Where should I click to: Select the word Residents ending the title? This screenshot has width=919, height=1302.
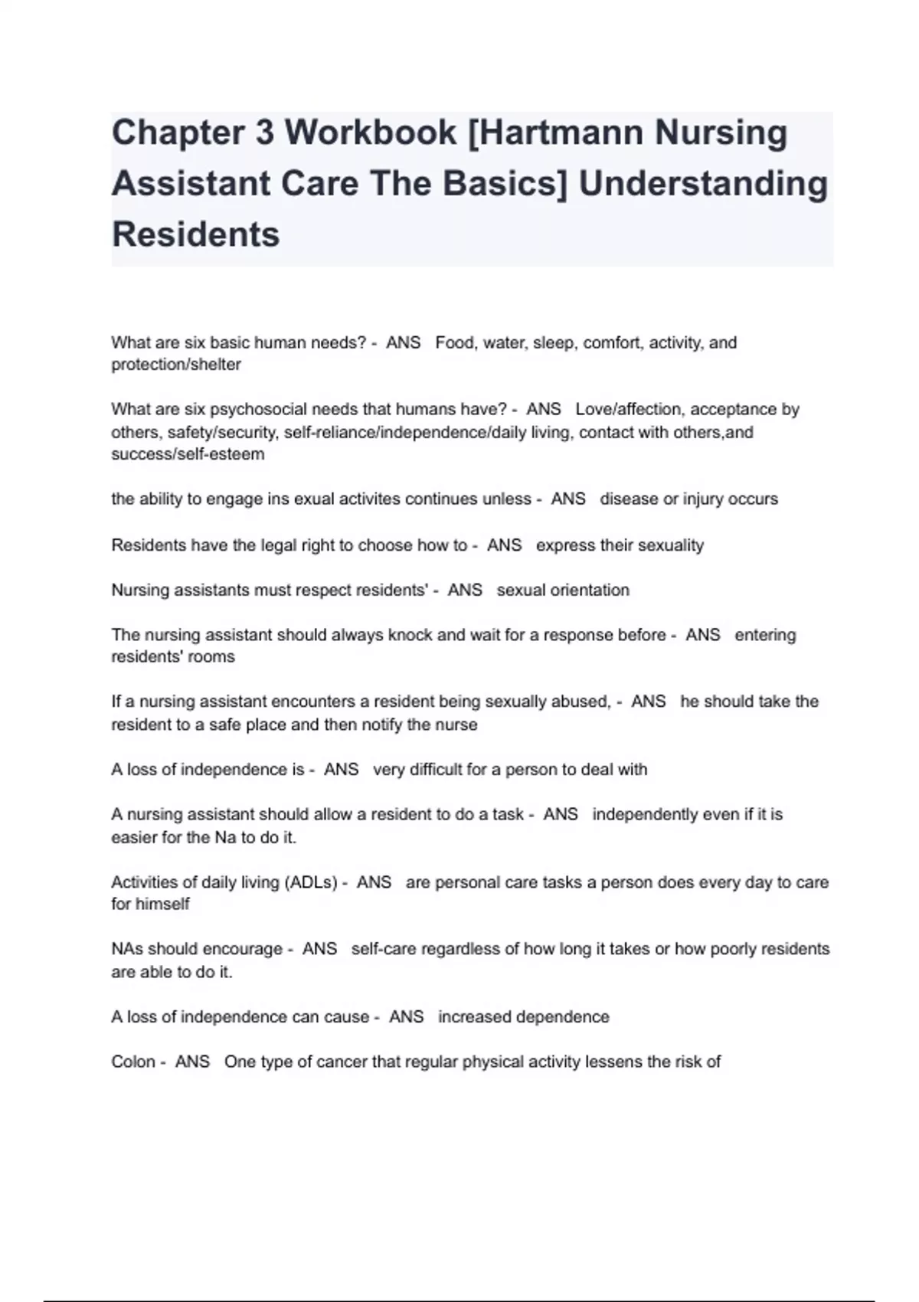196,234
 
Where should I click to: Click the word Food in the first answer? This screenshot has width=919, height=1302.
454,342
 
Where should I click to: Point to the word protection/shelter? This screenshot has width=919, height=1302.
176,365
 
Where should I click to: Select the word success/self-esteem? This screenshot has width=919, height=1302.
188,454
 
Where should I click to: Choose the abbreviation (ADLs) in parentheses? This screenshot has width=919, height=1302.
311,882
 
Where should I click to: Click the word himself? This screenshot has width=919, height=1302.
162,904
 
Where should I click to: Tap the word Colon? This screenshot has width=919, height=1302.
133,1062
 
